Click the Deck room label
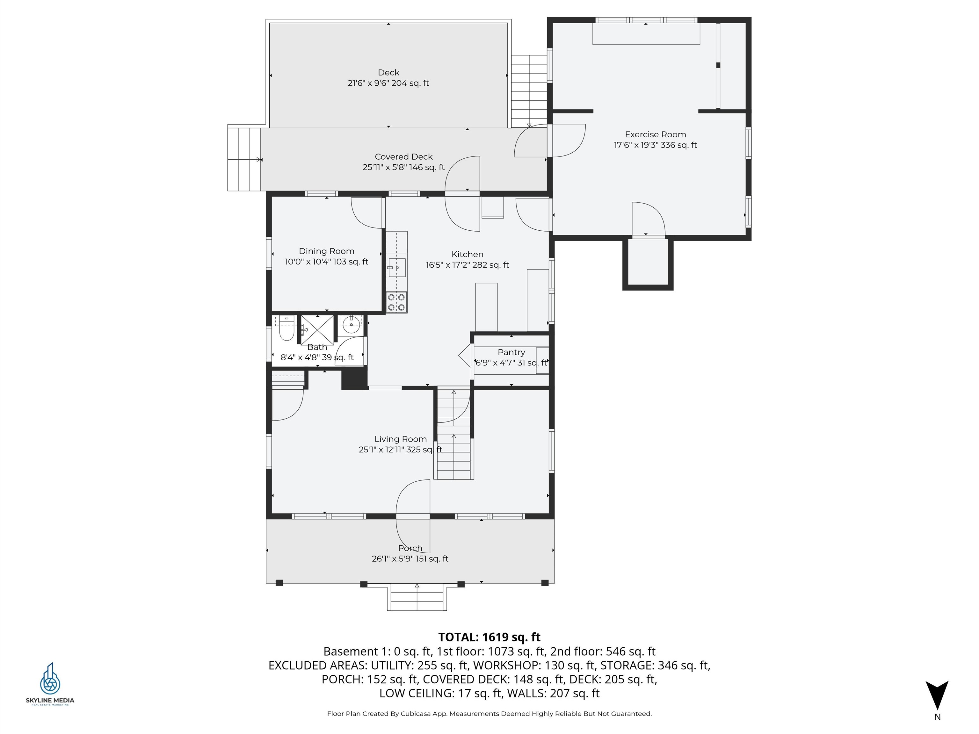[x=388, y=73]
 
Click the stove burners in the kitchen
[x=396, y=302]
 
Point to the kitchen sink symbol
[x=396, y=267]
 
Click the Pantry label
[x=511, y=352]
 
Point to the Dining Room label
[x=326, y=251]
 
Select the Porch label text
[x=410, y=548]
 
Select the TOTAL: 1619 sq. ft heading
[x=489, y=637]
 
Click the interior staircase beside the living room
[x=454, y=434]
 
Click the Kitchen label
[x=468, y=255]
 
